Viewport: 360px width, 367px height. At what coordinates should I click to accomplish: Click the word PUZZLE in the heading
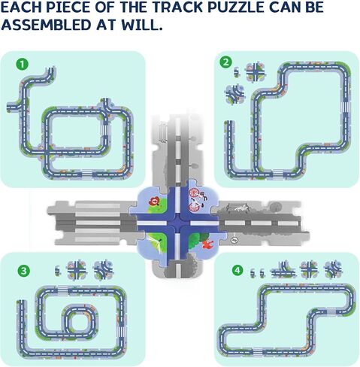tap(236, 8)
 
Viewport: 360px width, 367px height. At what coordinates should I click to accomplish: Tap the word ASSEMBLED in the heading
tap(46, 25)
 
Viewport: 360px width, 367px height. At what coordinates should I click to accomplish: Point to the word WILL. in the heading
tap(142, 25)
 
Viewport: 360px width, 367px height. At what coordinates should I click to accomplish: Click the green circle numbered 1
tap(23, 65)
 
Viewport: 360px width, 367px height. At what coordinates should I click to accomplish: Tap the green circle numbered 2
tap(225, 62)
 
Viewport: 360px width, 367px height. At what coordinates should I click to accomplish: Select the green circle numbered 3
tap(23, 271)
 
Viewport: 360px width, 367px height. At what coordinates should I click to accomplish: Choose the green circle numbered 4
tap(237, 271)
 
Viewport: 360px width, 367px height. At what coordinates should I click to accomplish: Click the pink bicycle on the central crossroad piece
tap(195, 200)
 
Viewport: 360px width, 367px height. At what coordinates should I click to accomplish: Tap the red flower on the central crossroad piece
tap(155, 201)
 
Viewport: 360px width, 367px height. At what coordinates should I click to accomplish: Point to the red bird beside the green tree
tap(207, 244)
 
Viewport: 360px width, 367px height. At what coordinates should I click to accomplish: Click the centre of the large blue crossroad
tap(178, 223)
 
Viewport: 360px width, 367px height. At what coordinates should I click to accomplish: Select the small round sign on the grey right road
tap(234, 240)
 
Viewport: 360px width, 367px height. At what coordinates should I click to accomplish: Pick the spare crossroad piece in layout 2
tap(256, 72)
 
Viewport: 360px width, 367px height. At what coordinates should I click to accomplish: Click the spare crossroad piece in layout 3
tap(77, 271)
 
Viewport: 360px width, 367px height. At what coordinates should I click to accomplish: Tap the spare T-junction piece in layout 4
tap(283, 270)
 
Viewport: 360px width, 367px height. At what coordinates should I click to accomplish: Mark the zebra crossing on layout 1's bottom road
tap(87, 174)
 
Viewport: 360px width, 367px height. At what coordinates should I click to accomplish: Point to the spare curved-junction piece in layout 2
tap(234, 94)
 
